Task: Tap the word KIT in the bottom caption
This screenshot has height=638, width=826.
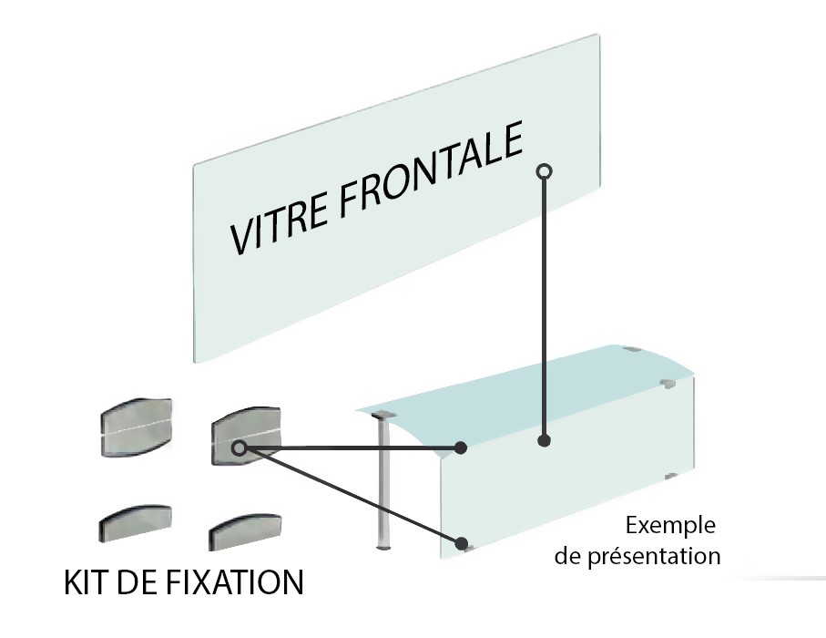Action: click(x=84, y=581)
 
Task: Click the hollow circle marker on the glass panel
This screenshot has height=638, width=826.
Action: click(x=544, y=170)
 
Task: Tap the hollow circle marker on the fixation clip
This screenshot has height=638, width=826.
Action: click(x=239, y=448)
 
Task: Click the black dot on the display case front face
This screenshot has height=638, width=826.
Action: click(x=544, y=441)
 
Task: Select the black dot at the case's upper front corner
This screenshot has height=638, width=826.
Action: click(x=462, y=448)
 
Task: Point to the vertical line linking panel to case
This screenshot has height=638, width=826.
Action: click(x=544, y=310)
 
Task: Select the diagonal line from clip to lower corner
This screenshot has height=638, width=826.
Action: click(x=351, y=494)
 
